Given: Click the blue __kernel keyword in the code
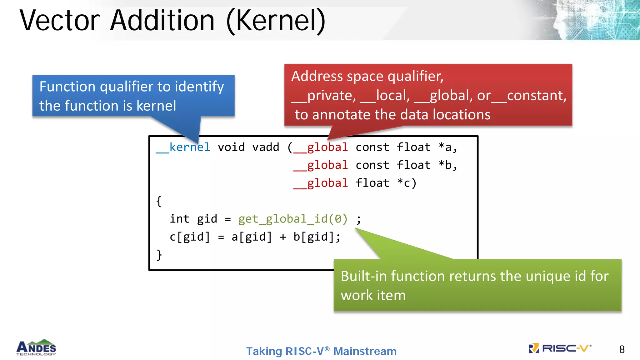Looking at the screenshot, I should (183, 147).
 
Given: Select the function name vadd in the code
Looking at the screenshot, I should (266, 147).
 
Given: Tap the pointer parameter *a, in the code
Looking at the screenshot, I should (448, 147).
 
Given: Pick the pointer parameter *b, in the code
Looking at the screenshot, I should (448, 165).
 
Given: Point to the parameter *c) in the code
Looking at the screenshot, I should (407, 183).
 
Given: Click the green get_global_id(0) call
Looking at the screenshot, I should (293, 219).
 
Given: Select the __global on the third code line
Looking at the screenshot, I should (321, 183).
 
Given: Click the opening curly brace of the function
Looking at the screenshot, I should (159, 201).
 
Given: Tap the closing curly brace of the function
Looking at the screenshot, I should (159, 255).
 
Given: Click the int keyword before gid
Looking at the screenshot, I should (179, 219).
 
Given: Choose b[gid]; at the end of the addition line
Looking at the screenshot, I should (317, 237).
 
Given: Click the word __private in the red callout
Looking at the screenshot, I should (324, 96).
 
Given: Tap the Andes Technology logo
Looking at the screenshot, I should (36, 348).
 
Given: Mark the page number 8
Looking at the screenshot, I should (622, 349).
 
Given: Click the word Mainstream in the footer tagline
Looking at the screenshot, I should (365, 351).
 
